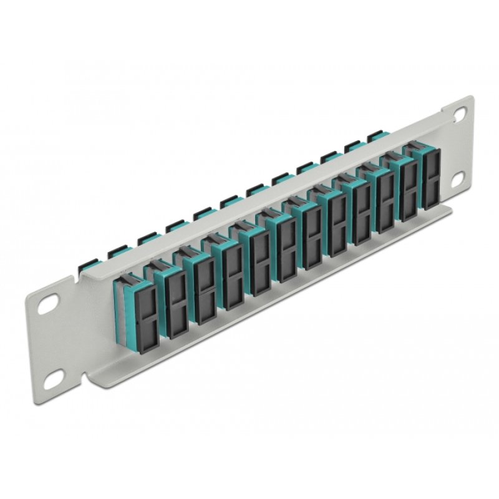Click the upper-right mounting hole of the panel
[459, 114]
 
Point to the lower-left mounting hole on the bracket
[54, 375]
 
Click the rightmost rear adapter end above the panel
[375, 135]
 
